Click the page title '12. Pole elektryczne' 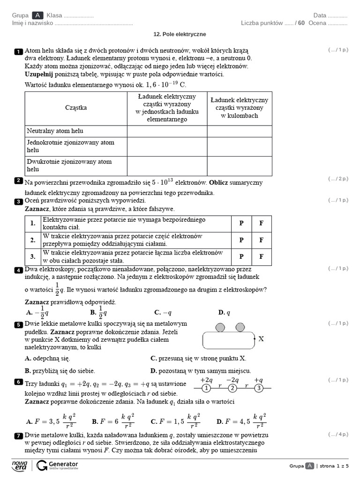coord(180,34)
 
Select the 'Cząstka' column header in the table coord(75,108)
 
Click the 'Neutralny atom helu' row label coord(55,131)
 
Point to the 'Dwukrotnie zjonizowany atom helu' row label coord(69,165)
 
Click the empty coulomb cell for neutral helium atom coord(240,131)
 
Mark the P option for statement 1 coord(241,224)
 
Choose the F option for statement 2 coord(262,240)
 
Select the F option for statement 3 coord(262,256)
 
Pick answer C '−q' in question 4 coord(163,313)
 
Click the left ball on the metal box coord(220,327)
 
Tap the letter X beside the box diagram coord(261,339)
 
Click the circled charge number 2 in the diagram coord(232,388)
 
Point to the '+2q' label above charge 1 coord(206,380)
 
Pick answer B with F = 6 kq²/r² coord(112,421)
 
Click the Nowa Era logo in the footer coord(20,465)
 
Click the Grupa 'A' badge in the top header coord(37,15)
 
